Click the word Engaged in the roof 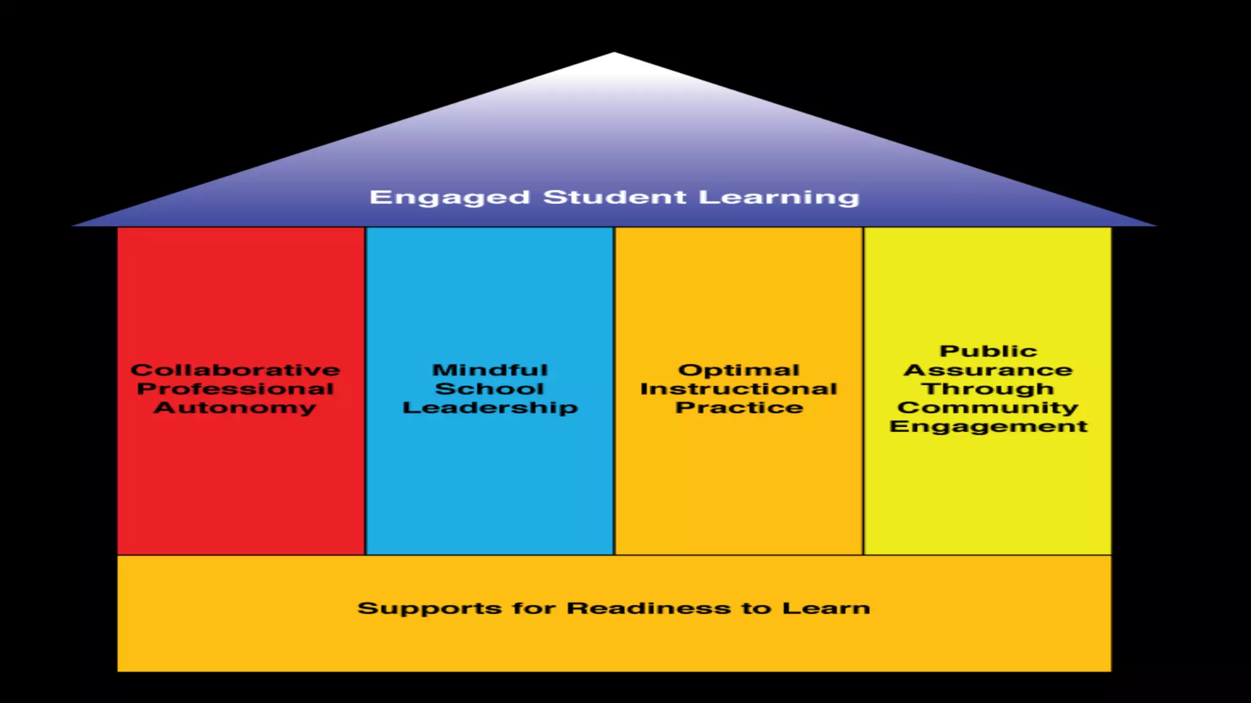pyautogui.click(x=450, y=198)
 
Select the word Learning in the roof pyautogui.click(x=779, y=198)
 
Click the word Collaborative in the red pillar pyautogui.click(x=235, y=370)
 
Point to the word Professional pyautogui.click(x=235, y=389)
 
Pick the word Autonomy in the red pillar pyautogui.click(x=235, y=408)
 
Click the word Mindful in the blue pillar pyautogui.click(x=490, y=370)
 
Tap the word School pyautogui.click(x=489, y=389)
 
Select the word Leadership pyautogui.click(x=490, y=408)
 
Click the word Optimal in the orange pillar pyautogui.click(x=739, y=370)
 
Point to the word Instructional pyautogui.click(x=739, y=389)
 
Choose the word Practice pyautogui.click(x=739, y=408)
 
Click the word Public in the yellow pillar pyautogui.click(x=988, y=351)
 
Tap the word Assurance pyautogui.click(x=988, y=370)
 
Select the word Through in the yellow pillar pyautogui.click(x=988, y=389)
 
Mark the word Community pyautogui.click(x=988, y=408)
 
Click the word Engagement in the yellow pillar pyautogui.click(x=988, y=427)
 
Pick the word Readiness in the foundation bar pyautogui.click(x=648, y=608)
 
